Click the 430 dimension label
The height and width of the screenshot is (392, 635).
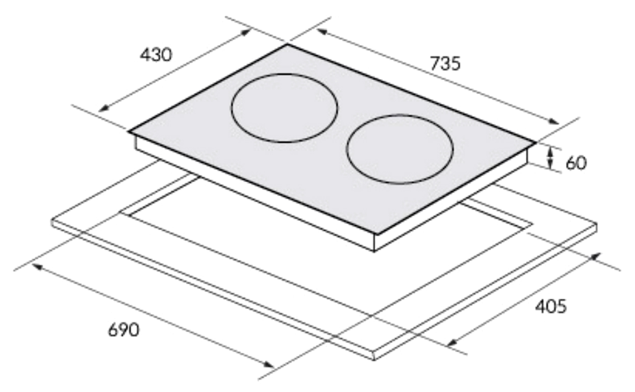point(156,55)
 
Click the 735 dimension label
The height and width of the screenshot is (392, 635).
point(445,63)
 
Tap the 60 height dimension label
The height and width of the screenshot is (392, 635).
point(576,163)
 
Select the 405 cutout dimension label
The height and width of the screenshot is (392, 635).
point(550,307)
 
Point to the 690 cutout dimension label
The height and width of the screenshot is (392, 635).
point(123,330)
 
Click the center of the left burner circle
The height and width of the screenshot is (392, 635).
point(284,108)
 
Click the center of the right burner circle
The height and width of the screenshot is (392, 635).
point(400,149)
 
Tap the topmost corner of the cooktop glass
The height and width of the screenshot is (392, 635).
point(288,44)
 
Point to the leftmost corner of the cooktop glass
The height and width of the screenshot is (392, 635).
point(129,132)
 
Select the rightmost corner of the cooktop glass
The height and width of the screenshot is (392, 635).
point(535,143)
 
